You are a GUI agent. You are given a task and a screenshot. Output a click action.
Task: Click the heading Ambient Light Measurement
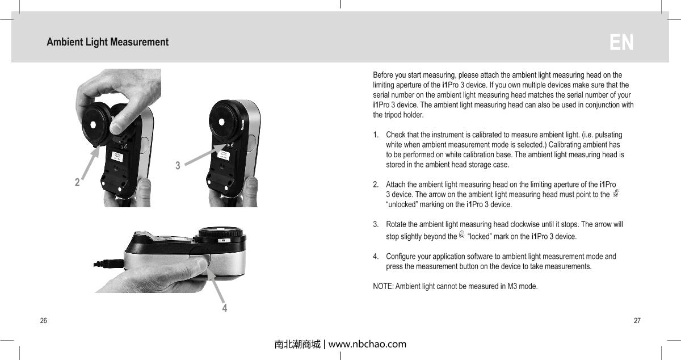coord(107,42)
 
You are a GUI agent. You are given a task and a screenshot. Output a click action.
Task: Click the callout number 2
coord(77,183)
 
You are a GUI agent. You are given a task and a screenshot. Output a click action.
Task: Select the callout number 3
coord(178,166)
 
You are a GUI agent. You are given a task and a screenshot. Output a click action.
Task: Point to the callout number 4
coord(225,308)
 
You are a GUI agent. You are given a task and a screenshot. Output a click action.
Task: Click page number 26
coord(43,321)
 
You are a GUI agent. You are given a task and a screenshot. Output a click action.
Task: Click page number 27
coord(637,321)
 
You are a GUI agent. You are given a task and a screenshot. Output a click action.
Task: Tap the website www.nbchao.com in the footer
coord(367,344)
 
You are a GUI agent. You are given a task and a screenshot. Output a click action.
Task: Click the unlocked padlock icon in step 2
coord(616,194)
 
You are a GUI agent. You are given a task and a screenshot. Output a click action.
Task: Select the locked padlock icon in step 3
coord(461,235)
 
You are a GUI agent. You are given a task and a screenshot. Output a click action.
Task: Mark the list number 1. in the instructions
coord(377,135)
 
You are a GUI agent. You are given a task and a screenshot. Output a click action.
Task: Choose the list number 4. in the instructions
coord(377,257)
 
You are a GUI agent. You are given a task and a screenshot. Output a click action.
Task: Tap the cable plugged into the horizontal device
coord(107,263)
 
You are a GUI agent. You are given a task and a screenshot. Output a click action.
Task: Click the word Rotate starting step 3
coord(397,224)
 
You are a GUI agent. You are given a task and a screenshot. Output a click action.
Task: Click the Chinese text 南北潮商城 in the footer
coord(297,344)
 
